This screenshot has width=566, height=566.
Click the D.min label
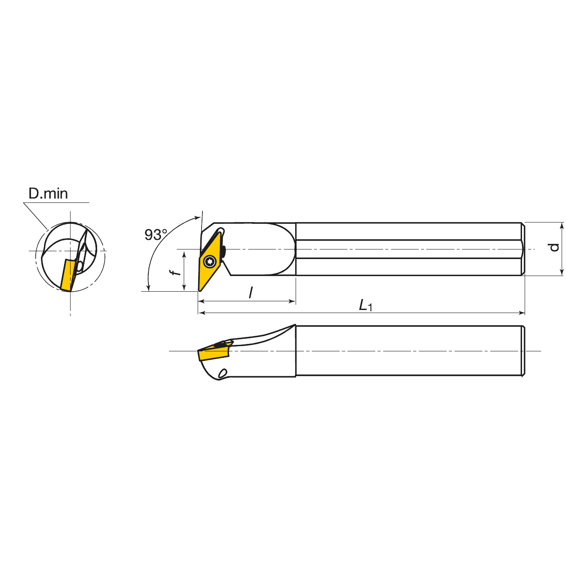pos(48,194)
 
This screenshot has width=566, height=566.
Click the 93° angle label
pos(156,235)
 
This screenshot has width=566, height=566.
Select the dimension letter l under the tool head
pos(250,293)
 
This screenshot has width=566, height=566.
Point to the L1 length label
pos(366,305)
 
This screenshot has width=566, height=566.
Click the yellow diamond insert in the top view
pos(210,260)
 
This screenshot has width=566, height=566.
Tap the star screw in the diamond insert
pos(210,261)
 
